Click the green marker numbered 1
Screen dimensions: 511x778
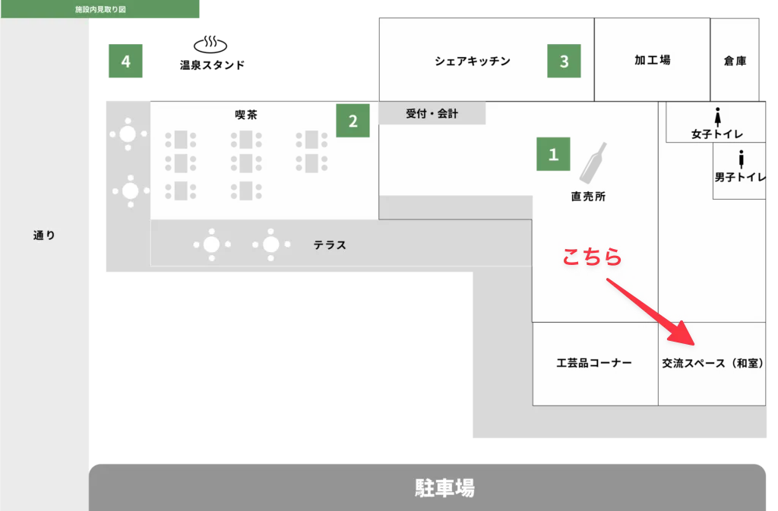tap(553, 154)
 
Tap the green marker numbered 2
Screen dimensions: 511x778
tap(353, 121)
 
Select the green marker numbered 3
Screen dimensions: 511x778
tap(564, 62)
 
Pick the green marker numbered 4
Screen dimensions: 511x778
tap(125, 62)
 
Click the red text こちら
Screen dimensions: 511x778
tap(592, 258)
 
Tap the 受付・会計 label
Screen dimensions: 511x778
tap(432, 114)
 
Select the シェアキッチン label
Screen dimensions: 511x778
tap(473, 62)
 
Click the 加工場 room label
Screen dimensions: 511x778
tap(653, 61)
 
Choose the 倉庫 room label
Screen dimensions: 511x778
tap(735, 61)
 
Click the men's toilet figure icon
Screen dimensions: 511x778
tap(741, 159)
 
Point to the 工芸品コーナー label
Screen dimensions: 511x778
tap(594, 363)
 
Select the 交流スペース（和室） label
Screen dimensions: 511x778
tap(712, 364)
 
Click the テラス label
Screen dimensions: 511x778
tap(330, 245)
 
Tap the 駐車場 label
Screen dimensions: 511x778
tap(444, 487)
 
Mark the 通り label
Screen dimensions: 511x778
tap(44, 235)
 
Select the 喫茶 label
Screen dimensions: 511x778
tap(245, 115)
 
